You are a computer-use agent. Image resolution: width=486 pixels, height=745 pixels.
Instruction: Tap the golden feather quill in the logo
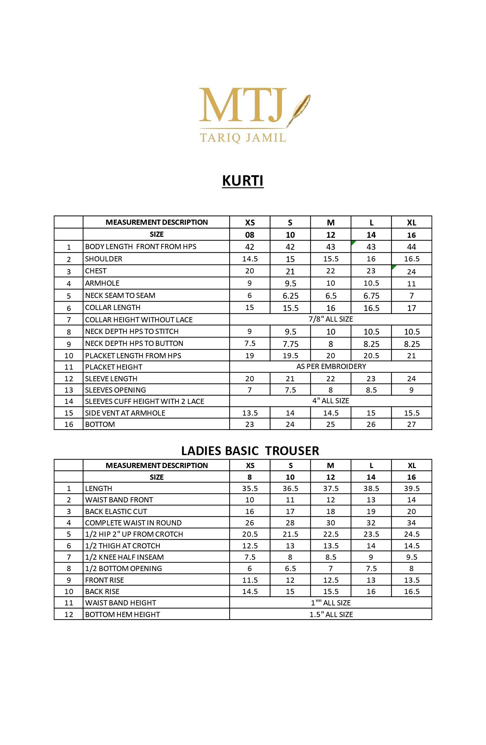click(x=300, y=107)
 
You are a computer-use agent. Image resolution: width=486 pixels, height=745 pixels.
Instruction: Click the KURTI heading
click(x=243, y=181)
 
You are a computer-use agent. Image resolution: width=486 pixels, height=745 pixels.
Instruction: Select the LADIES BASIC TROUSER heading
click(x=250, y=451)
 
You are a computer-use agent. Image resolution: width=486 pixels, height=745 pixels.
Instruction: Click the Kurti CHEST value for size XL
click(x=411, y=271)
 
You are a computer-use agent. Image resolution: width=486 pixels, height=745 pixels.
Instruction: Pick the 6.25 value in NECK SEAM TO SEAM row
click(x=290, y=296)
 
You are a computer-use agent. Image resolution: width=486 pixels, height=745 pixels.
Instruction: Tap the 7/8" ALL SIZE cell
click(x=330, y=319)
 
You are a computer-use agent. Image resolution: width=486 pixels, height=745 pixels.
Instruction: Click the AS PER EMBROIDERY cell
click(x=331, y=366)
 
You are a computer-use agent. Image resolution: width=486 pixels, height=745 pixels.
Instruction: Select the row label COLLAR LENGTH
click(x=113, y=307)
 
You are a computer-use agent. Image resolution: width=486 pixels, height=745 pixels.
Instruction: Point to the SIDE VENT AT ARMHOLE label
click(x=125, y=413)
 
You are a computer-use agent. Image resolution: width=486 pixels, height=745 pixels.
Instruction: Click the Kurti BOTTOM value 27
click(x=411, y=424)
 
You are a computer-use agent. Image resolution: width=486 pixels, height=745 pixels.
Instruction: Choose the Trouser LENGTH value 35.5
click(x=250, y=488)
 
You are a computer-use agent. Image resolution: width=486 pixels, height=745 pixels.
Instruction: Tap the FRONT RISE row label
click(x=104, y=580)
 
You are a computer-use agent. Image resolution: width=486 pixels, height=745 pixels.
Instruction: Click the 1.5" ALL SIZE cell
click(x=331, y=614)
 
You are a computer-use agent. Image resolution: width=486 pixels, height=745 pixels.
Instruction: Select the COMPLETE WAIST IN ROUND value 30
click(x=330, y=523)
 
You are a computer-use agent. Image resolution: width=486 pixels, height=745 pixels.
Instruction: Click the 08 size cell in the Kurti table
click(x=250, y=235)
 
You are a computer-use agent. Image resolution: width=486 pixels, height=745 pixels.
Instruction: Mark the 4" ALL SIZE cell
click(x=330, y=401)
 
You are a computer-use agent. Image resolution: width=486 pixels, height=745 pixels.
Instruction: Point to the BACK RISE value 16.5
click(x=411, y=591)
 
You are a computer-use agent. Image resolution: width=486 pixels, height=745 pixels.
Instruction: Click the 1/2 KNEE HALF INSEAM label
click(x=124, y=557)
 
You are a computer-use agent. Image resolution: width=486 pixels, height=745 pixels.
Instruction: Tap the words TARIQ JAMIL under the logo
click(x=243, y=138)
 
